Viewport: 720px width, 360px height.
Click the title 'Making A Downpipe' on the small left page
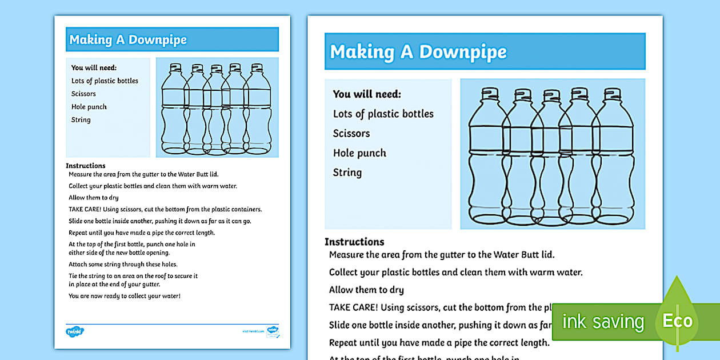128,40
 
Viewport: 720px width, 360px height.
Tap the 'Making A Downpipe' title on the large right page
418,52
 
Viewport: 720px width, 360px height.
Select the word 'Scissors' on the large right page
351,134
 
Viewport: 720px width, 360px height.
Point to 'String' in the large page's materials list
347,173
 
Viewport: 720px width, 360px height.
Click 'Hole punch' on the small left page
89,107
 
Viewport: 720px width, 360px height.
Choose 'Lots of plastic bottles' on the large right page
383,114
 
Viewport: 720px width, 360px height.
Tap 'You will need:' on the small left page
94,68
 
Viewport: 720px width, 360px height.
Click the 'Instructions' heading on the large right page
354,242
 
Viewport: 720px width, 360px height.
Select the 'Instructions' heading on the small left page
86,166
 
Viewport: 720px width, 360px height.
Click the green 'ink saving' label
603,322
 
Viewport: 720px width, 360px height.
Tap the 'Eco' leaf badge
677,321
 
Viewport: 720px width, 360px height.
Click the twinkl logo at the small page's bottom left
74,331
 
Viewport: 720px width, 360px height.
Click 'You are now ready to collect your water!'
125,296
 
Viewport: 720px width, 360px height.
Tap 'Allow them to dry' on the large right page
366,290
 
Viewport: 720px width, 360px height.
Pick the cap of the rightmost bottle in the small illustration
257,67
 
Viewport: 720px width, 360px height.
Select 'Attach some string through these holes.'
123,265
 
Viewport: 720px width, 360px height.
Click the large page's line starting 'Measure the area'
442,255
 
